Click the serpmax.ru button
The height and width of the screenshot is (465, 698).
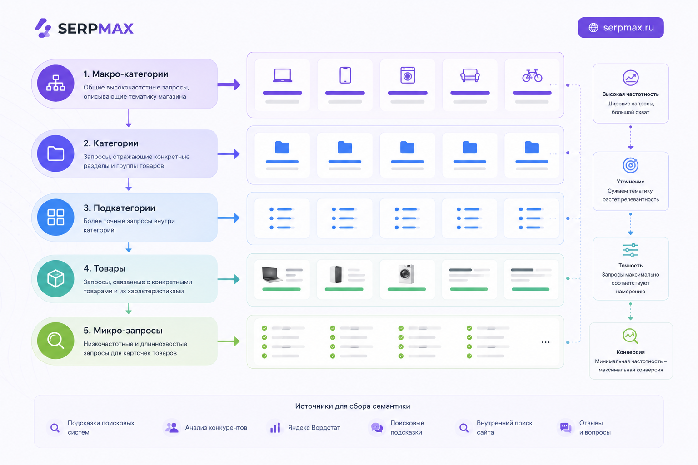pos(621,28)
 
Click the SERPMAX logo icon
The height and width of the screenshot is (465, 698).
pos(43,28)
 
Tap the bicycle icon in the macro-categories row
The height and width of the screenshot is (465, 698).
pos(532,75)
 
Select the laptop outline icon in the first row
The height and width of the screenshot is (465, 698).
pos(282,75)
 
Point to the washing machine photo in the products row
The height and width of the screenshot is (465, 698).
pos(406,274)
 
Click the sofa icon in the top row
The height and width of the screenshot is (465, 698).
pos(470,75)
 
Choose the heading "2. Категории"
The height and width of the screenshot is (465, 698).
pos(111,143)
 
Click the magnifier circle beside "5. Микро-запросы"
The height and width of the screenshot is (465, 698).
pos(56,341)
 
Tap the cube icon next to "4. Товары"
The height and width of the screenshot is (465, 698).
pos(56,278)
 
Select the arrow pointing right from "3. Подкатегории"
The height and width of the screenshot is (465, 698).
pos(229,218)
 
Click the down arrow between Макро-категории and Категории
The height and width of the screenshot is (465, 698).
pos(129,118)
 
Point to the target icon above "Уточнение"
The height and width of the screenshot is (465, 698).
pos(630,165)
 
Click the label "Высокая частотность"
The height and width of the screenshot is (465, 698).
pos(630,94)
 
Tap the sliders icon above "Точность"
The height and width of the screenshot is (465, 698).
pos(630,250)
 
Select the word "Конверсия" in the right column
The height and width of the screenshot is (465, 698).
pos(630,352)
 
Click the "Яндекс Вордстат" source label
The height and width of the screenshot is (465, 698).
pos(314,428)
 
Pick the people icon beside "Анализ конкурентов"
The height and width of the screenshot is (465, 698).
pos(172,428)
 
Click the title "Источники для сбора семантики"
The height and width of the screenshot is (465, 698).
pos(353,406)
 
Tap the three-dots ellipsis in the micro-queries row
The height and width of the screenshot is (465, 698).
pos(545,342)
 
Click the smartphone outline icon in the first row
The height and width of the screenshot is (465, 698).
pos(345,75)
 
